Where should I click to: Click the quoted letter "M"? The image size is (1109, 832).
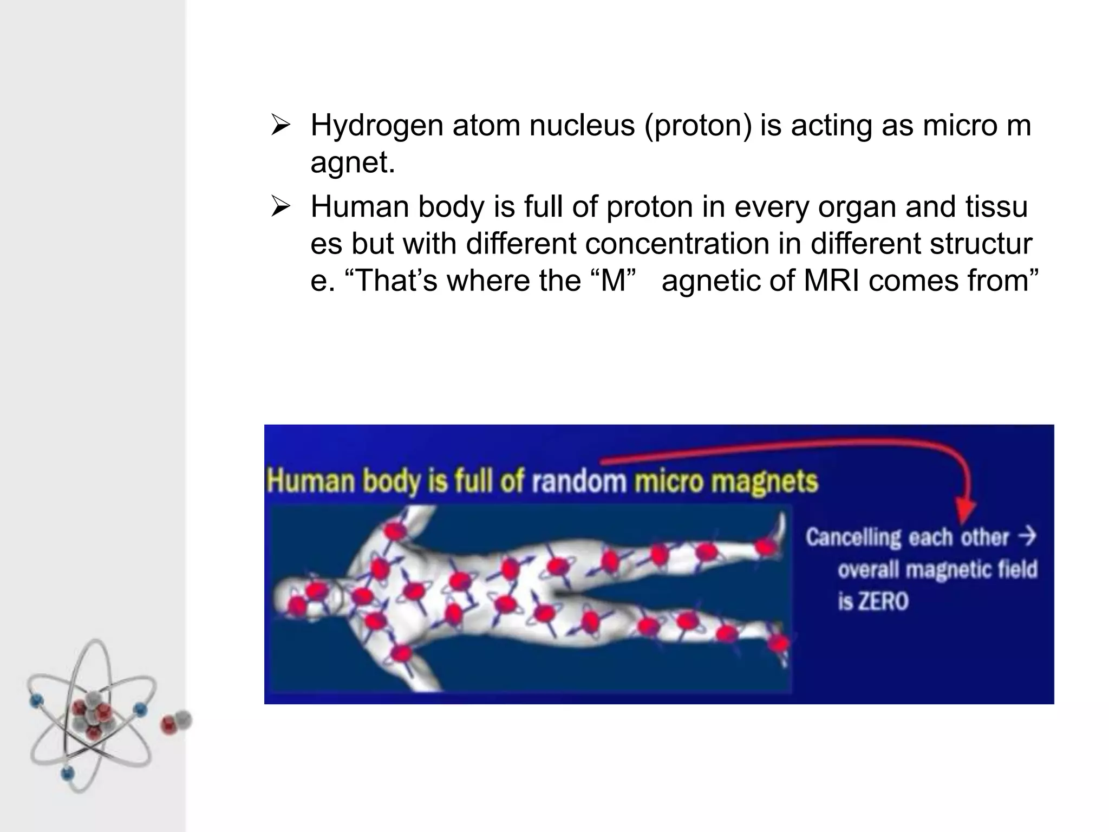613,281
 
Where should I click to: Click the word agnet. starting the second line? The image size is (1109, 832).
353,162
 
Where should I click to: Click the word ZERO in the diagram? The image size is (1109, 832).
873,602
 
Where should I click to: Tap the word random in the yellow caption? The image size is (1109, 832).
578,481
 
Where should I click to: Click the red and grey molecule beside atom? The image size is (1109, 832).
177,721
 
